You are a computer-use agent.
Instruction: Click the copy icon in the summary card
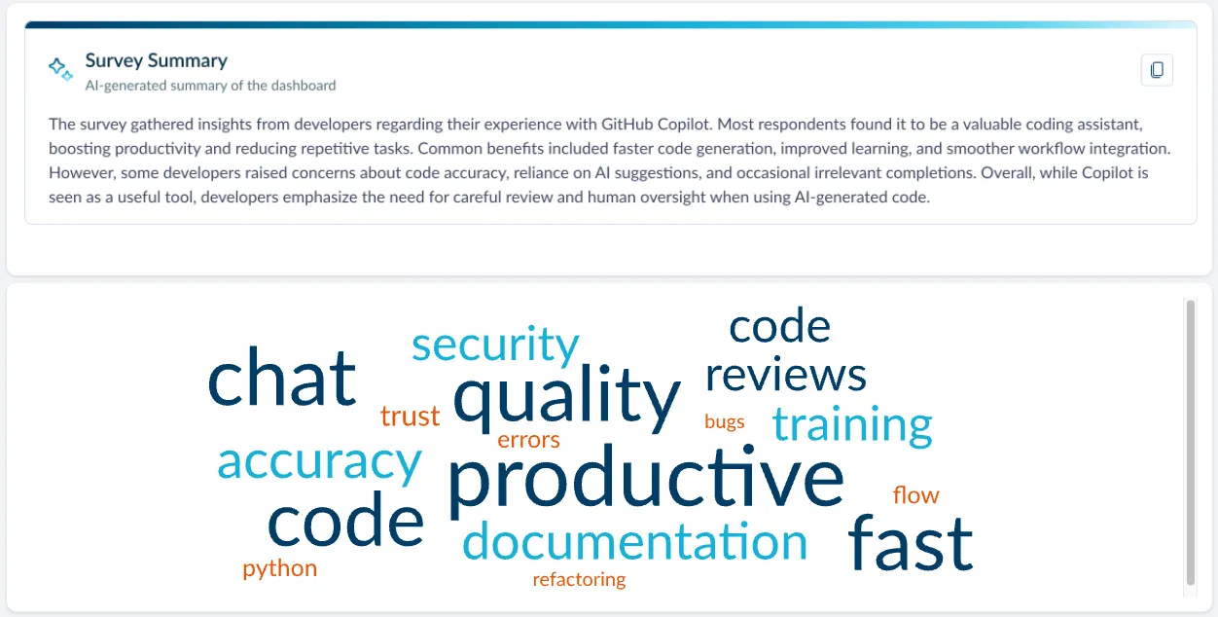pos(1157,70)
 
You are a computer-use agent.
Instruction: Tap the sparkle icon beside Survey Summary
pos(60,69)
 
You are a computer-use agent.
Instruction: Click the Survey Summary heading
pos(156,60)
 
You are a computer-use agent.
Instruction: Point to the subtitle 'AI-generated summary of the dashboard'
pos(210,86)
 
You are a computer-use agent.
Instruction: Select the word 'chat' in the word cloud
pos(282,379)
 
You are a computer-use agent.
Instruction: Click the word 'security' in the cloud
pos(495,345)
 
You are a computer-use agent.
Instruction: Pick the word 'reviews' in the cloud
pos(785,375)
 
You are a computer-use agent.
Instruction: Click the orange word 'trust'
pos(410,417)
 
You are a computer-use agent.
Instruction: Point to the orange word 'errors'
pos(528,440)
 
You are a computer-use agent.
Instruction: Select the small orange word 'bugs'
pos(724,421)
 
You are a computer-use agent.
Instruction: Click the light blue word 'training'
pos(852,424)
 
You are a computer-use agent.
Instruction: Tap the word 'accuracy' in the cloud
pos(319,461)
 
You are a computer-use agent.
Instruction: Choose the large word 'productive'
pos(645,479)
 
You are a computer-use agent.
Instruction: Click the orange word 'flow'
pos(915,495)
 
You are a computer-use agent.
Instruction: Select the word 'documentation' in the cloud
pos(634,542)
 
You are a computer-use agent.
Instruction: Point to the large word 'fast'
pos(910,543)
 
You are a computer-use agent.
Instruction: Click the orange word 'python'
pos(279,568)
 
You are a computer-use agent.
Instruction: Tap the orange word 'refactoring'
pos(579,580)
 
